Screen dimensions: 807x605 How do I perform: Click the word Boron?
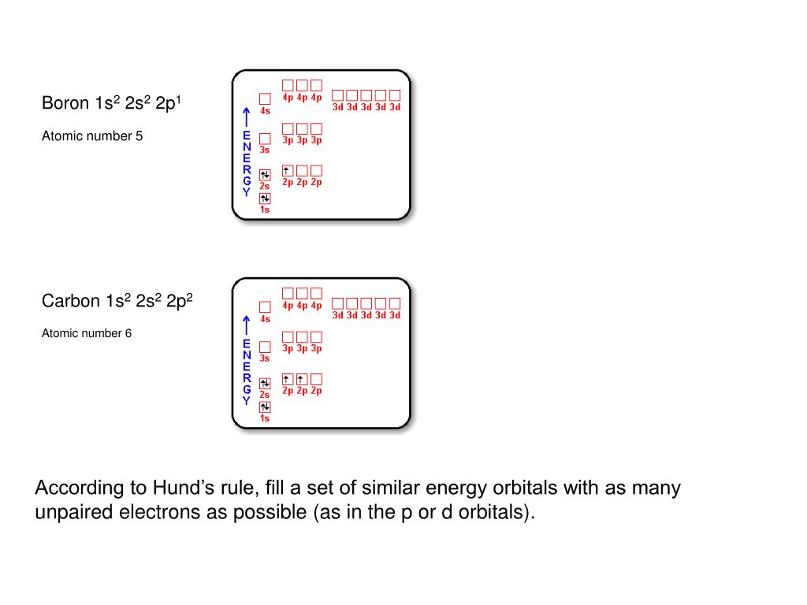65,103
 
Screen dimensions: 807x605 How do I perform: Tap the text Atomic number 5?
92,136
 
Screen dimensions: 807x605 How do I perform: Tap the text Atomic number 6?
87,333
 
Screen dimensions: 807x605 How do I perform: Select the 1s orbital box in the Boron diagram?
265,198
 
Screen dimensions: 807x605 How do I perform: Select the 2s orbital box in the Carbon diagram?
265,384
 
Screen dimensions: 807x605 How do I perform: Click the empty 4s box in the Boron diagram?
265,99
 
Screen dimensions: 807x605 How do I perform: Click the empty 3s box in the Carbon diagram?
265,347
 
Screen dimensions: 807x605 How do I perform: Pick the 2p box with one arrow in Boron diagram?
288,170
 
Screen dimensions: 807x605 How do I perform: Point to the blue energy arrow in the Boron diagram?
247,117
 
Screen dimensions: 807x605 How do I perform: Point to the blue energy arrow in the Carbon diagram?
247,325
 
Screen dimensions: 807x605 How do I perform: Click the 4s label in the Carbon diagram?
265,319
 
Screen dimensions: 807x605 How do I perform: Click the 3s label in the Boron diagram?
265,150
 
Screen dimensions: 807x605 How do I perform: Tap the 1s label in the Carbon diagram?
265,418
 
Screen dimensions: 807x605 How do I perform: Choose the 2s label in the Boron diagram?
265,186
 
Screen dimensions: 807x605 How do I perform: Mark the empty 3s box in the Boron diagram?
265,139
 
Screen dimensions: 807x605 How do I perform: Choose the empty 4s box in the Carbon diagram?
265,307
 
